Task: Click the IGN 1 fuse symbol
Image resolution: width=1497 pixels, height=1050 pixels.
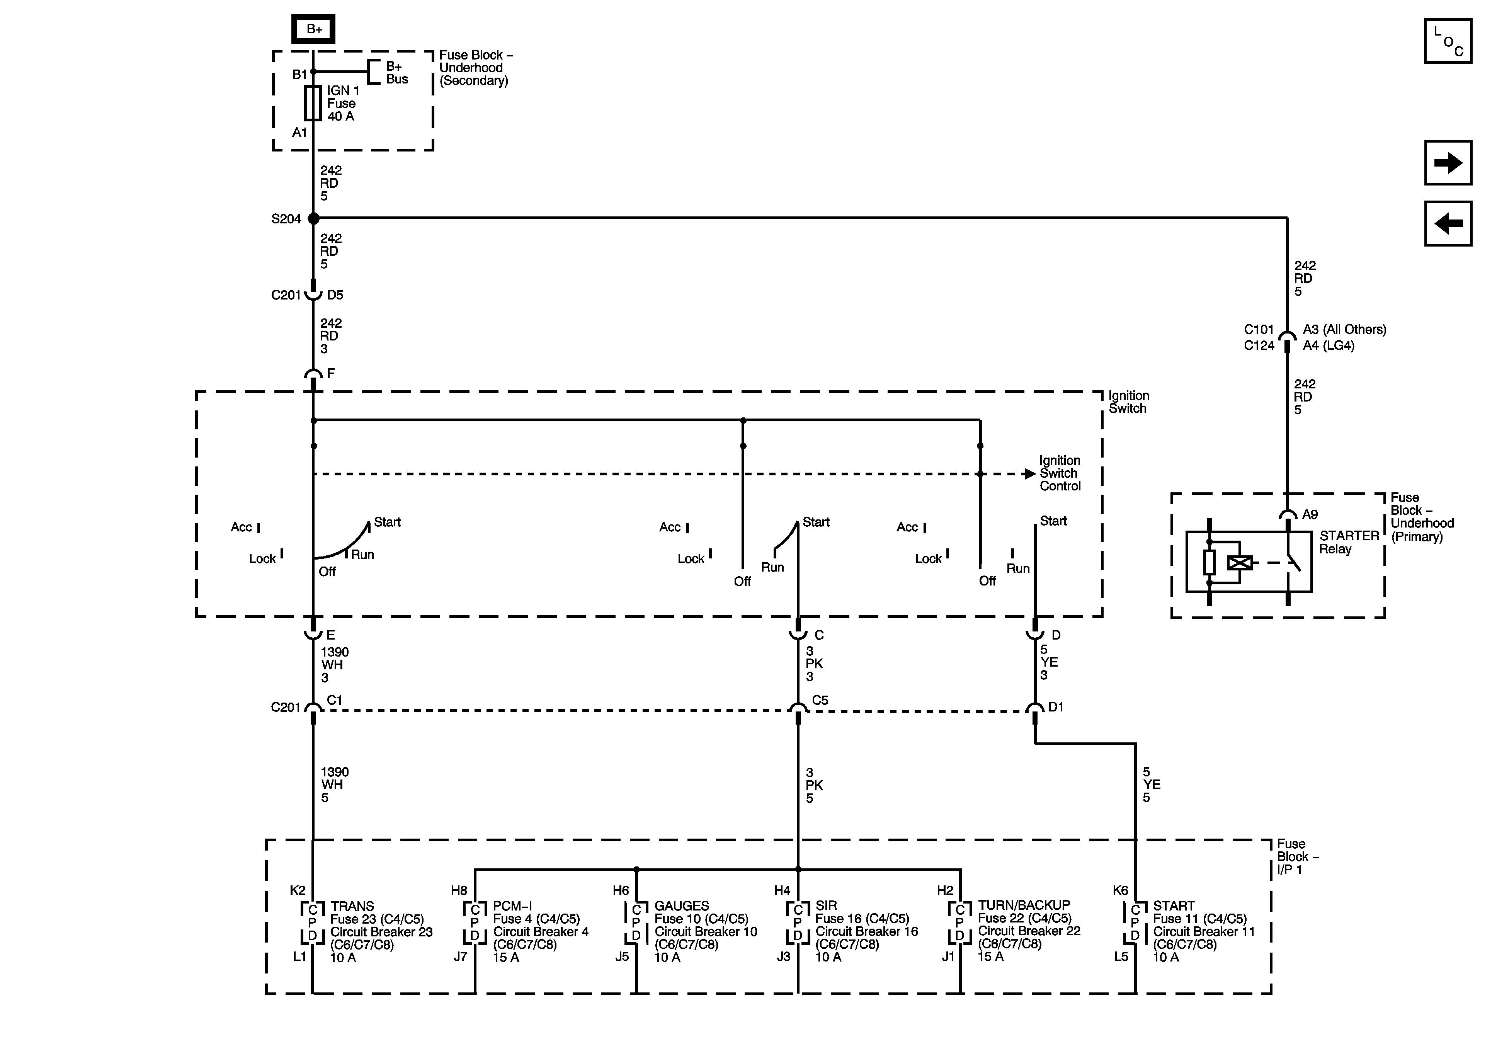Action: click(313, 103)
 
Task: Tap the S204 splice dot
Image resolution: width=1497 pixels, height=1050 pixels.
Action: click(314, 218)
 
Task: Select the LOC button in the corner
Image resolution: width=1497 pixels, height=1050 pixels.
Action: click(1448, 41)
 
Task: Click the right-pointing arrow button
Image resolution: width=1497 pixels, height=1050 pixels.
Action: click(1448, 162)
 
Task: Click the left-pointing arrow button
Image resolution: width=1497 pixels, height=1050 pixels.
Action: click(1448, 224)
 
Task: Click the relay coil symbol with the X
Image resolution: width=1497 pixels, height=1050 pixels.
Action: click(1239, 562)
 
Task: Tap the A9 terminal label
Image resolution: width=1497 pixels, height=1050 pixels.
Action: click(1310, 514)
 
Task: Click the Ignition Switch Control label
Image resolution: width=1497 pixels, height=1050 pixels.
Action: click(1060, 473)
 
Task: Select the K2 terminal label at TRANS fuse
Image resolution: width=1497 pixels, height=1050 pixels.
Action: click(297, 890)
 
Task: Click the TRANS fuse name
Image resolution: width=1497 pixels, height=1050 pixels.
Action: click(352, 906)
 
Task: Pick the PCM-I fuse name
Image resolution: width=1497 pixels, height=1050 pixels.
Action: click(512, 906)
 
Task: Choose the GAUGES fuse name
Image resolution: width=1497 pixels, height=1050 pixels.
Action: click(681, 906)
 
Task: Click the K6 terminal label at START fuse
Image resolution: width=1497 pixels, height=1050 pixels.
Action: click(1120, 890)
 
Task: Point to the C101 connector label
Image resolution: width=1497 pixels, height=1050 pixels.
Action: click(1258, 329)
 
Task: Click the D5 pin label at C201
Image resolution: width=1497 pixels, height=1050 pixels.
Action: click(335, 295)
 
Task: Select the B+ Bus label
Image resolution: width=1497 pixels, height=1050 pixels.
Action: click(396, 72)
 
